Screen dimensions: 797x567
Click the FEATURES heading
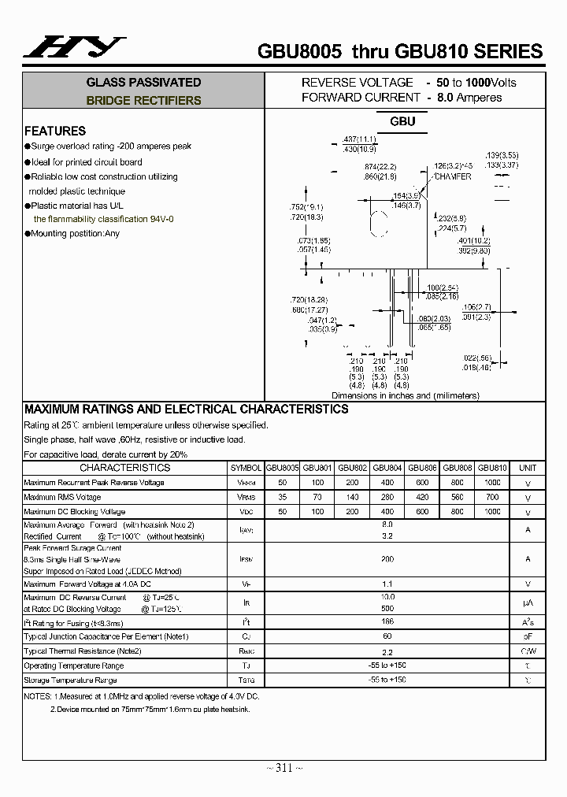[x=54, y=131]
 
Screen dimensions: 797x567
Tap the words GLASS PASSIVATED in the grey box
[x=143, y=82]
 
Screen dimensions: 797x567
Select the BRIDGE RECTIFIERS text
[x=143, y=101]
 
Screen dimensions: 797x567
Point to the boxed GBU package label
[x=402, y=122]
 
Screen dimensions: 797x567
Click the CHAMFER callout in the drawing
[x=452, y=176]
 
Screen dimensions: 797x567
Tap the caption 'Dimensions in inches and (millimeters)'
[x=406, y=396]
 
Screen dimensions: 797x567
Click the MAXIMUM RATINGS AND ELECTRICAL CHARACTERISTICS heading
[x=186, y=410]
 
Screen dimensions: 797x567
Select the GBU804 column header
[x=387, y=468]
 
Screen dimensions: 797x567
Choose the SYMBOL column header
[x=246, y=468]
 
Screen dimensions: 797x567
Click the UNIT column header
[x=528, y=468]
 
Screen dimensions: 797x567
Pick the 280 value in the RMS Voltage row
[x=387, y=497]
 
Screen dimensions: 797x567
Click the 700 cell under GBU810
[x=492, y=497]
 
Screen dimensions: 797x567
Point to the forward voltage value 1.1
[x=387, y=584]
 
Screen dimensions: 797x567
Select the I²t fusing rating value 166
[x=387, y=622]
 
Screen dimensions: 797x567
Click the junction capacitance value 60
[x=387, y=636]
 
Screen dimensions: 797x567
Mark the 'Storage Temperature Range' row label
[x=70, y=680]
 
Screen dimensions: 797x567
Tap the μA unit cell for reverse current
[x=528, y=603]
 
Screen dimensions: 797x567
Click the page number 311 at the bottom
[x=283, y=768]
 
